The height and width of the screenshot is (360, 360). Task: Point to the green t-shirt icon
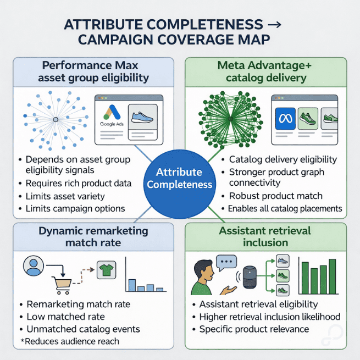click(106, 270)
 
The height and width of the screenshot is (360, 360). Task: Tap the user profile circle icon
click(33, 267)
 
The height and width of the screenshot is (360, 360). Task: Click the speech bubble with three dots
click(226, 262)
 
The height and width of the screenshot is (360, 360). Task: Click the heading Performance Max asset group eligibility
click(93, 71)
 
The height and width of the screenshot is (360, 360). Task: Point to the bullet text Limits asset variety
click(65, 196)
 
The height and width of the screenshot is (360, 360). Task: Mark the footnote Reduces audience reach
click(71, 341)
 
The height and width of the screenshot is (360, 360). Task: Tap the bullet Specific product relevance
click(254, 329)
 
